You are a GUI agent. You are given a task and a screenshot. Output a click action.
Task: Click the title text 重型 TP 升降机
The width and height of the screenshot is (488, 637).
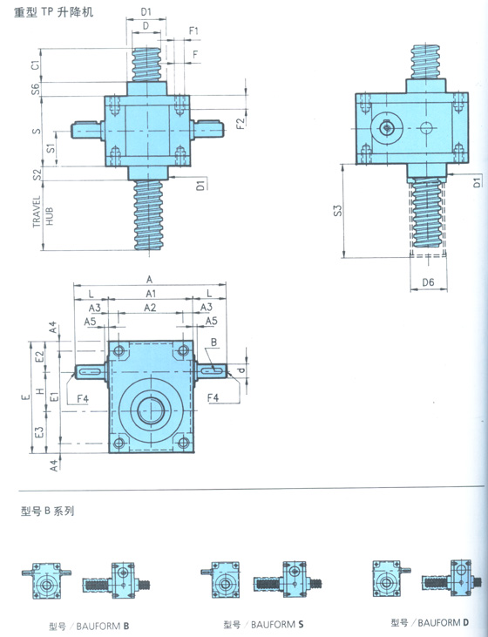(x=54, y=12)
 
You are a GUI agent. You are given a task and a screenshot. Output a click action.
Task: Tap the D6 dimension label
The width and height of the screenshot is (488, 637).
(x=428, y=282)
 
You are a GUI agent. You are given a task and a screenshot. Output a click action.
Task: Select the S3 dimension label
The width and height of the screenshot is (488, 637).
(x=338, y=210)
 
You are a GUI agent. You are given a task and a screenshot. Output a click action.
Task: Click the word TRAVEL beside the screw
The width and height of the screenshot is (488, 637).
(x=37, y=212)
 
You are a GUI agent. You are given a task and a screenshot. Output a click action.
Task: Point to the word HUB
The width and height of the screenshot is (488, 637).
(x=50, y=216)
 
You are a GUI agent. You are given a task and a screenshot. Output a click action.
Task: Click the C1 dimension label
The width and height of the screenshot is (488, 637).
(x=36, y=64)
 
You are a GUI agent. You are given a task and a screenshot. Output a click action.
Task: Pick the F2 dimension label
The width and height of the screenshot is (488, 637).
(x=241, y=123)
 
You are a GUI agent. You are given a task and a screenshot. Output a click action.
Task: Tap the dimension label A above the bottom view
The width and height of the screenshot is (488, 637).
(x=150, y=280)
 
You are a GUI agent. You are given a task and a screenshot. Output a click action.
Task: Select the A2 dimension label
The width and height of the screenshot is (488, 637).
(x=150, y=308)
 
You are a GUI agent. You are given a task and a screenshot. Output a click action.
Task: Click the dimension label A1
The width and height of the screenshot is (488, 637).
(x=151, y=294)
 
